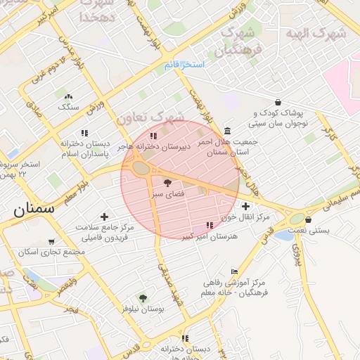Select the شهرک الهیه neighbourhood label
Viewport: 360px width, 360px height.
[316, 33]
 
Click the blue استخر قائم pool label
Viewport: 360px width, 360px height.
[184, 65]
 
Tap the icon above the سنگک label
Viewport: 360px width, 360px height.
[68, 96]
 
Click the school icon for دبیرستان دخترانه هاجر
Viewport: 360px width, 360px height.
[153, 136]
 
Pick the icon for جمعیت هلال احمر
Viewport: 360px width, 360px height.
[227, 131]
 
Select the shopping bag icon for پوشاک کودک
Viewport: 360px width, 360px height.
[278, 102]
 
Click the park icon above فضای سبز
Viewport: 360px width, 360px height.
[167, 182]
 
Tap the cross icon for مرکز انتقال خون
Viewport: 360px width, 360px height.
[245, 206]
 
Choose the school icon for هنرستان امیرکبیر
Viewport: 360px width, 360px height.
[209, 225]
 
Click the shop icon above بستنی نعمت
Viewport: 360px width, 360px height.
[309, 219]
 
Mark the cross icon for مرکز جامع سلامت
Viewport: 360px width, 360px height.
[104, 217]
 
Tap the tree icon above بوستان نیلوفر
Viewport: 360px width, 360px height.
[143, 298]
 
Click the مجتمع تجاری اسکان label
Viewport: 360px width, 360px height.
[48, 251]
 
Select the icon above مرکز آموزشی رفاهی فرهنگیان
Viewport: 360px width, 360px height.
[234, 272]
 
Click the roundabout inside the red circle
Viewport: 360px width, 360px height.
[141, 168]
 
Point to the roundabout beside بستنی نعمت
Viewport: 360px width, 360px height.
[296, 220]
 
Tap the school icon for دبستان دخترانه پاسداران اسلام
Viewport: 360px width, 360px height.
[84, 132]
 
